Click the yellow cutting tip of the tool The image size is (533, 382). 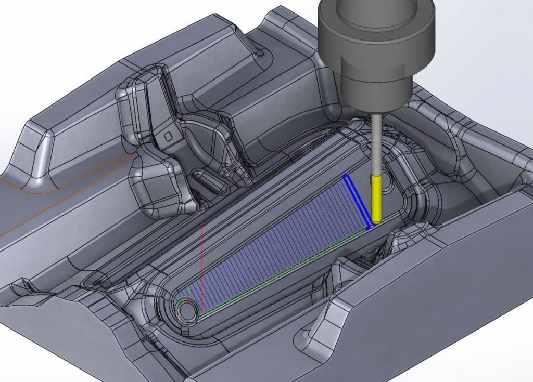[376, 200]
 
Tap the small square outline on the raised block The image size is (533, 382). [168, 136]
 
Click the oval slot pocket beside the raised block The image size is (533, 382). [211, 182]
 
